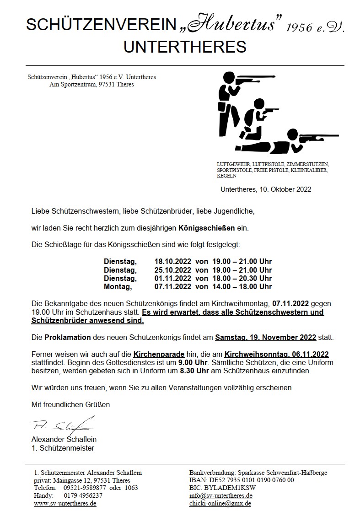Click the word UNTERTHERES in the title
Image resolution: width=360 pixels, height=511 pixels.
point(185,46)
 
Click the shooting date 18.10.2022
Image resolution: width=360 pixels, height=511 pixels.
point(172,262)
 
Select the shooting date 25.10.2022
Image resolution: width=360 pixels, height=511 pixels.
point(172,270)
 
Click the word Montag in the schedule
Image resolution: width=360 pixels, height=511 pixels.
point(118,287)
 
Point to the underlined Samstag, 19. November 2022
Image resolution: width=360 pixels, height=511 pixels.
point(266,338)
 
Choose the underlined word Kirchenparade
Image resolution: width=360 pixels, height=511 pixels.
point(159,355)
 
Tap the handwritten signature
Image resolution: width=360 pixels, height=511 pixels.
point(62,425)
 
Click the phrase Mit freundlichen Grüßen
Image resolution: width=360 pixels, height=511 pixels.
point(70,404)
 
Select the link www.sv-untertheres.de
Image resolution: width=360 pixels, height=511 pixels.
point(65,504)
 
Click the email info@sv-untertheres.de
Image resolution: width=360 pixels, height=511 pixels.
point(221,495)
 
